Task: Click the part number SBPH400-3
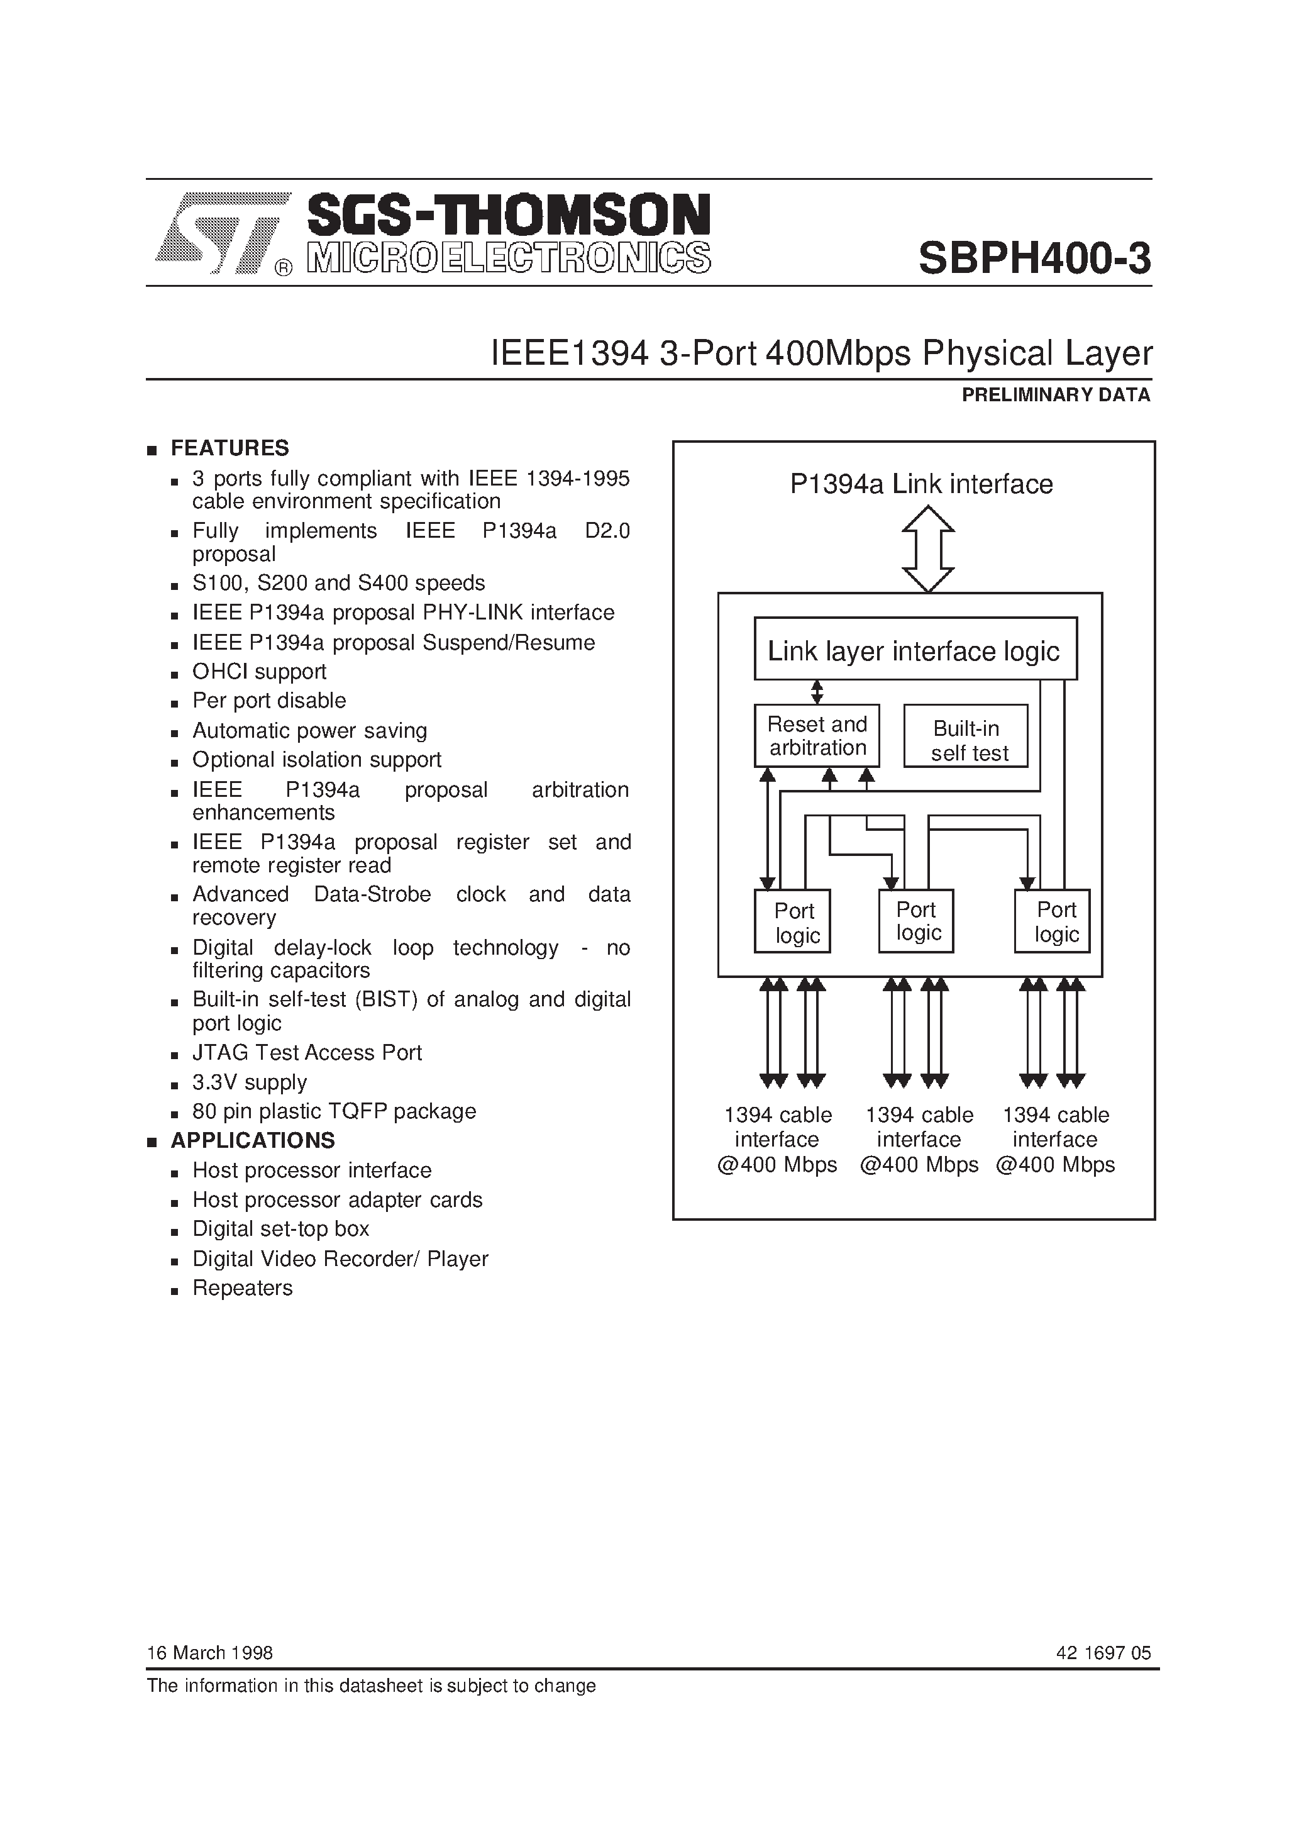coord(1034,258)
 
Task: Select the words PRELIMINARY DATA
coord(1056,395)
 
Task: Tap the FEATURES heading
coord(229,448)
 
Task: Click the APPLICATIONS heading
coord(252,1140)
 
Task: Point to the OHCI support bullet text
coord(258,671)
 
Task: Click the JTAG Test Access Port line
coord(307,1052)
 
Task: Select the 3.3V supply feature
coord(249,1082)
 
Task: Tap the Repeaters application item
coord(242,1288)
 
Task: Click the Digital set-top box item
coord(280,1229)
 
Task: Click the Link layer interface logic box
coord(915,650)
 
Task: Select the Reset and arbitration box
coord(817,735)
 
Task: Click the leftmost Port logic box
coord(792,921)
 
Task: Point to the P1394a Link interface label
coord(921,484)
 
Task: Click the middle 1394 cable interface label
coord(919,1139)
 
